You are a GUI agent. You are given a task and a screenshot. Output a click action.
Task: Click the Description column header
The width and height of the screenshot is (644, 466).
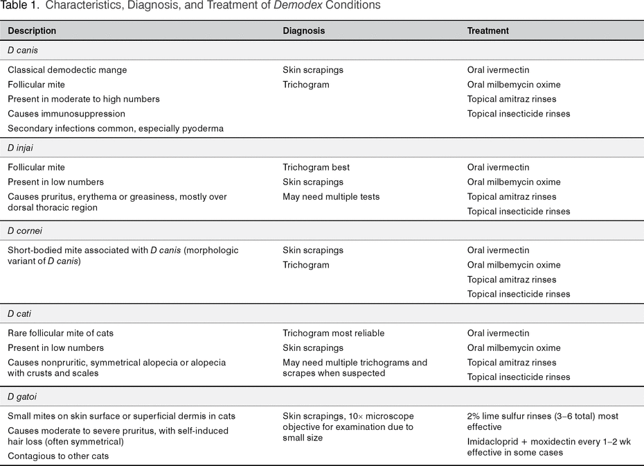click(x=32, y=31)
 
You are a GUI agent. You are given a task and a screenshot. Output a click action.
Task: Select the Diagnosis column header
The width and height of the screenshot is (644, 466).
click(x=303, y=31)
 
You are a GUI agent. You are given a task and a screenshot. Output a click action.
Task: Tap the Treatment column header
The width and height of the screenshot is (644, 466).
click(x=488, y=31)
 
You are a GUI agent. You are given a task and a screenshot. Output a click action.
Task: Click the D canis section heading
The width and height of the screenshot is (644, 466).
click(x=23, y=50)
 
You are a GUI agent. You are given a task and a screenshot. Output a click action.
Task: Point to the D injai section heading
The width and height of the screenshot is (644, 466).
click(x=22, y=148)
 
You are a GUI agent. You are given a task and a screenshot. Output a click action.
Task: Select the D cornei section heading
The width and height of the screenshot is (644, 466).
click(x=26, y=230)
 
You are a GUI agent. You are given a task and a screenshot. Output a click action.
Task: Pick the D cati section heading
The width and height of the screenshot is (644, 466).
click(x=21, y=313)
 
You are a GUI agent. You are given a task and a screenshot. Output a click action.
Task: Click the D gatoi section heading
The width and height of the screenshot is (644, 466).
click(x=23, y=397)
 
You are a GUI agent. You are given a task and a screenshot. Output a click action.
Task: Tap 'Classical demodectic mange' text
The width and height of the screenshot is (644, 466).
click(x=67, y=70)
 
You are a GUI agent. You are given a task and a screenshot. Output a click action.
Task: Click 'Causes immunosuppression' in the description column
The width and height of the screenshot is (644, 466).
click(x=66, y=114)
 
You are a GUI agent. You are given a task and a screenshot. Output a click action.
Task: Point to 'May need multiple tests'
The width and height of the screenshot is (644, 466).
click(x=331, y=196)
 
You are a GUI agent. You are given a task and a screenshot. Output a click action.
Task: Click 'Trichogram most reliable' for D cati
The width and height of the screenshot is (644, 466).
click(x=333, y=334)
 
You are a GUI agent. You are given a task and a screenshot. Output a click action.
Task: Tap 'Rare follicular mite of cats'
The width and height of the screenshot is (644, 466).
click(x=60, y=334)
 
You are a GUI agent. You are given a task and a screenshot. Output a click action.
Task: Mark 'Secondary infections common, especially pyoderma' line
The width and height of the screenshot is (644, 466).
click(x=116, y=128)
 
